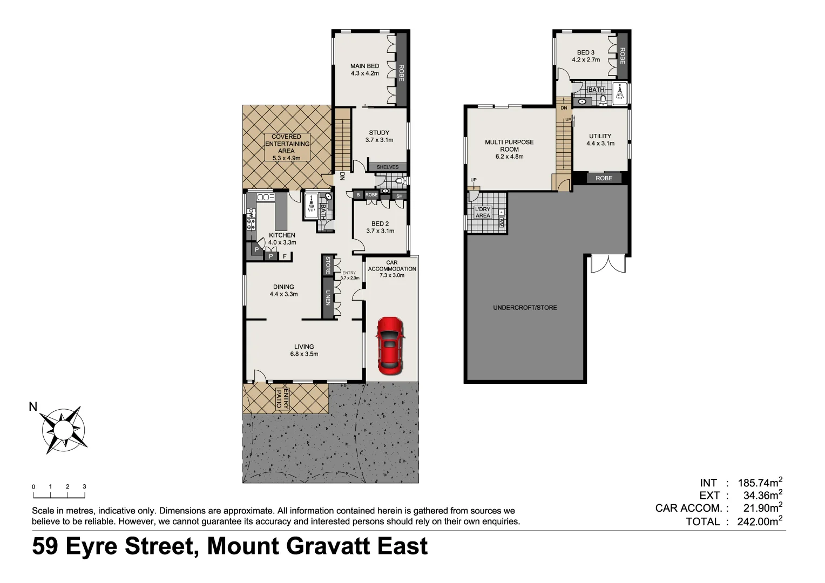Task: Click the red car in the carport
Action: (390, 345)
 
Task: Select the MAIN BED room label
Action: (364, 70)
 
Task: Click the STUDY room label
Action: (379, 136)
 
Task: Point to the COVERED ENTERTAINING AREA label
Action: (287, 147)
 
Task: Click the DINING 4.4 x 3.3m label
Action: (283, 290)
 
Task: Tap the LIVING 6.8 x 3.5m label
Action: (304, 350)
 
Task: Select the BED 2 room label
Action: (380, 227)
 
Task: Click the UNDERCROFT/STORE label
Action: (525, 308)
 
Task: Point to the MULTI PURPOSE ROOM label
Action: (509, 150)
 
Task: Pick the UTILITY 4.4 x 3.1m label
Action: (600, 140)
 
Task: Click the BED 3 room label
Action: (586, 56)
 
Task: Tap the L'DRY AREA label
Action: (483, 212)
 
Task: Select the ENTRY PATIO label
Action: (282, 400)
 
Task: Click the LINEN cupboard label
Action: (327, 298)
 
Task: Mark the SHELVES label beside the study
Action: (388, 167)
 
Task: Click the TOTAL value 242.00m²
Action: (755, 521)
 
